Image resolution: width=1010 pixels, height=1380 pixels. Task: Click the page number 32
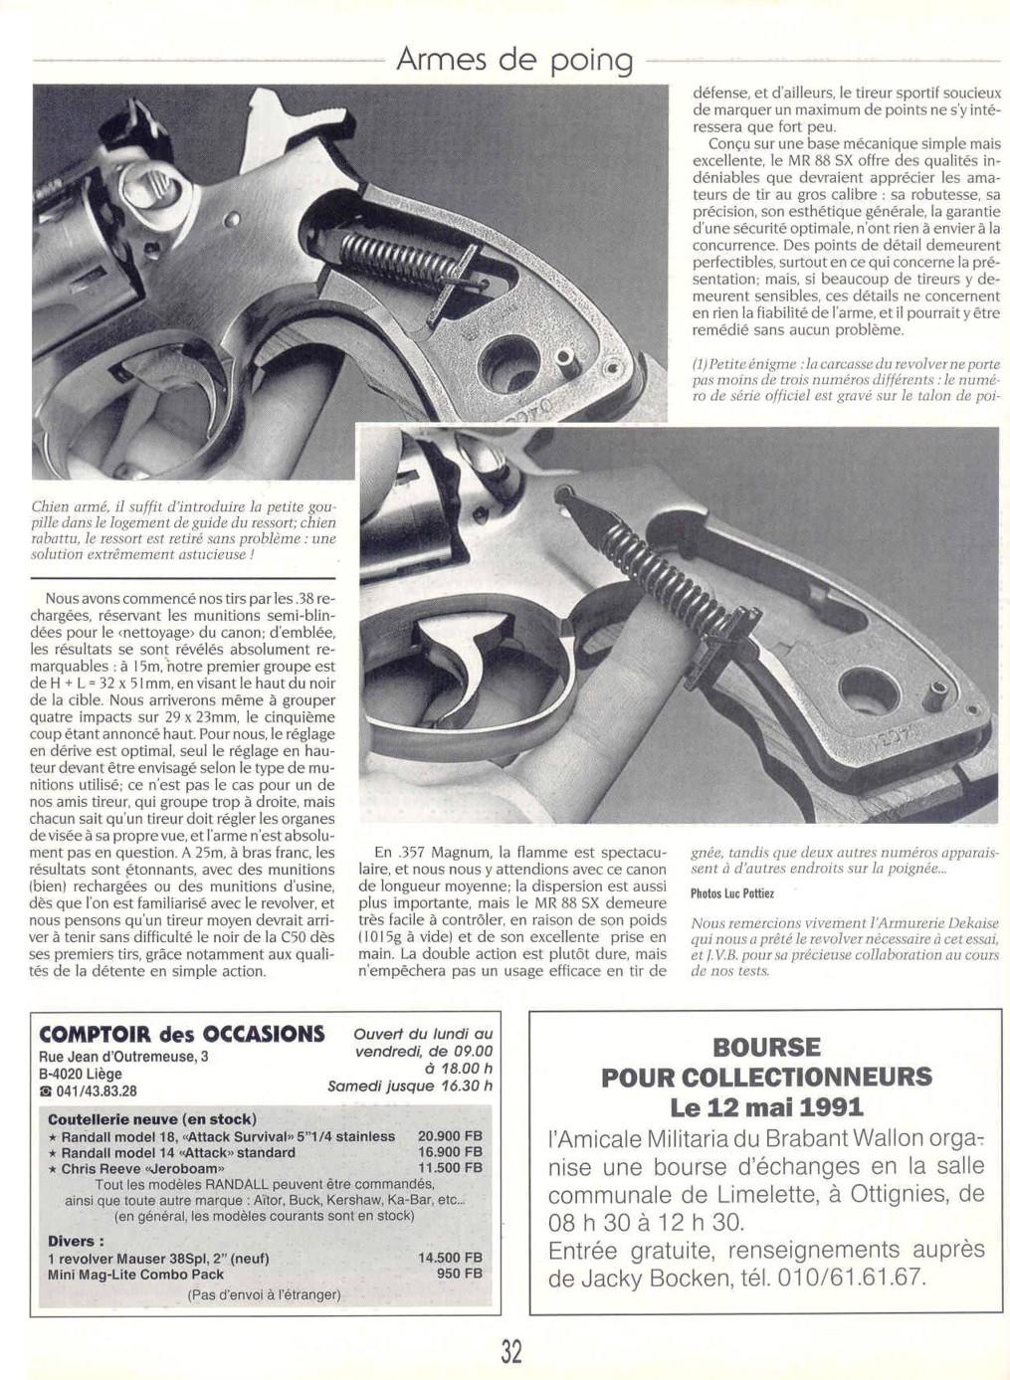tap(511, 1351)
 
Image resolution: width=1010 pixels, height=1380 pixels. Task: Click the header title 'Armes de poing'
tap(514, 60)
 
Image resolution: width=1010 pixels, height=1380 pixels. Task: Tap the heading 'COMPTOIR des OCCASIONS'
tap(181, 1034)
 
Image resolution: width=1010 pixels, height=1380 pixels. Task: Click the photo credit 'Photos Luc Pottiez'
tap(732, 893)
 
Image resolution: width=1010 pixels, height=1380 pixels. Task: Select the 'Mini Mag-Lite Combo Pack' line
tap(135, 1275)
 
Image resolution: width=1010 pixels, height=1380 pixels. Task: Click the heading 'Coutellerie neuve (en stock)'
tap(151, 1119)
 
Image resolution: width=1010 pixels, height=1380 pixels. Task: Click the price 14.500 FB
tap(450, 1258)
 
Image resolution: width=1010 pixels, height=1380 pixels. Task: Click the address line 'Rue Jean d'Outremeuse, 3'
tap(123, 1057)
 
